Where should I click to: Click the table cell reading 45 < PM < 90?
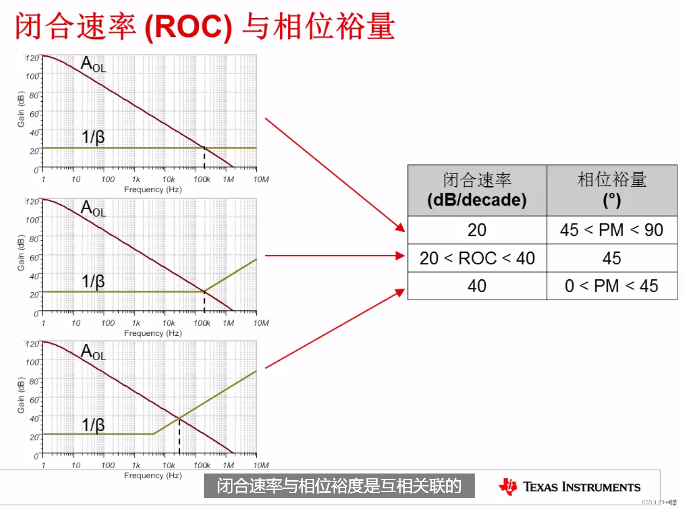point(612,230)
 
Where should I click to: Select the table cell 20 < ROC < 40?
point(477,259)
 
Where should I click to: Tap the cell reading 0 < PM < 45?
point(612,286)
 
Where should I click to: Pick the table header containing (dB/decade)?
point(477,190)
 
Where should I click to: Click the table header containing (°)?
point(612,190)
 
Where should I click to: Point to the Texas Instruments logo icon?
point(508,486)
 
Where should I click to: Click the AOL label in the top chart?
point(93,64)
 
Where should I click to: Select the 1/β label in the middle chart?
point(93,281)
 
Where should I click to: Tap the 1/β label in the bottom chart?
point(93,425)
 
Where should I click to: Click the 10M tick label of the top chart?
point(261,179)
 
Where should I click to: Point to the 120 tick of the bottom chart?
point(32,344)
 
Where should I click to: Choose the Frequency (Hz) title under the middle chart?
point(153,333)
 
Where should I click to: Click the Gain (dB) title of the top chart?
point(21,109)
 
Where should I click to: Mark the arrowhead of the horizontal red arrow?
point(400,256)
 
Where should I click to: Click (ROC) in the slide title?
point(188,26)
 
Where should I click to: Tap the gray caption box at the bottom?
point(339,486)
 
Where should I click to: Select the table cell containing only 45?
point(612,259)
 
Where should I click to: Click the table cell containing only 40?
point(477,286)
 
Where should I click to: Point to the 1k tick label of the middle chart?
point(136,323)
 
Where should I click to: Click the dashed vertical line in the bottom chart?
point(180,437)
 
